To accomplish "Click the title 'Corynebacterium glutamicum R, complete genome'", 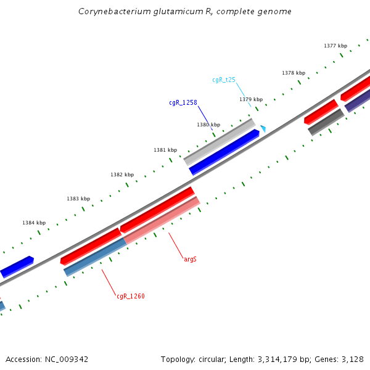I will click(185, 12).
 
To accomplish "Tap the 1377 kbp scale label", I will click(335, 46).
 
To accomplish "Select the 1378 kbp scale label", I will click(294, 73).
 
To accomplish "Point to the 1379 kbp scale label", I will click(251, 99).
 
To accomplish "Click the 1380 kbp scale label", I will click(208, 125).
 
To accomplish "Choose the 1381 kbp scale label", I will click(165, 150).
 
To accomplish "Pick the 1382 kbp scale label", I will click(122, 175).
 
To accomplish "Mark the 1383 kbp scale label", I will click(78, 199).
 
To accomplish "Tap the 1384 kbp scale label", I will click(34, 223).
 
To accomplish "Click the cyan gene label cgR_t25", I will click(224, 80).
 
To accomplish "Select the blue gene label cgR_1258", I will click(183, 102).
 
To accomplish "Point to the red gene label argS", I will click(191, 259).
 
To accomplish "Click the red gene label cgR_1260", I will click(131, 296).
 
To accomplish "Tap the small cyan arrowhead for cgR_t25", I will click(263, 128).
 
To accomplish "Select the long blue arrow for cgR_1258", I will click(224, 152).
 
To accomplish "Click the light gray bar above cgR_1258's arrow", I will click(220, 142).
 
